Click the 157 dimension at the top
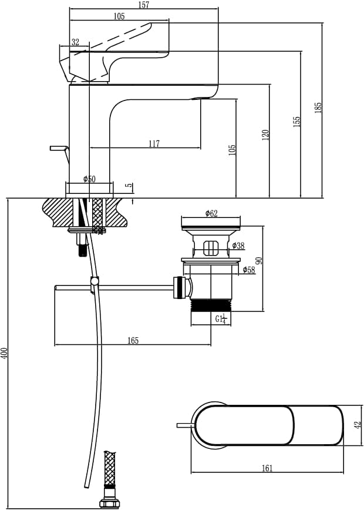144,5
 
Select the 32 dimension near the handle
75,42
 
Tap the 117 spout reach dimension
154,143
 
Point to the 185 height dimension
318,108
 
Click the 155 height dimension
297,122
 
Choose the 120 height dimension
265,135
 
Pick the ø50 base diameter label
89,179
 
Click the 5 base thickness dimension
129,186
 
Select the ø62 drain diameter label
211,214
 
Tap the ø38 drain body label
238,246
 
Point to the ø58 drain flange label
249,270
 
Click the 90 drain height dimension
259,260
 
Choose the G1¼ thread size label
220,318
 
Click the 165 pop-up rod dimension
133,341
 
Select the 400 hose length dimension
4,353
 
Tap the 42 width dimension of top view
358,424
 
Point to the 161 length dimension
267,468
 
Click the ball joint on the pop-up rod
95,281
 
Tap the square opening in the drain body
211,248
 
